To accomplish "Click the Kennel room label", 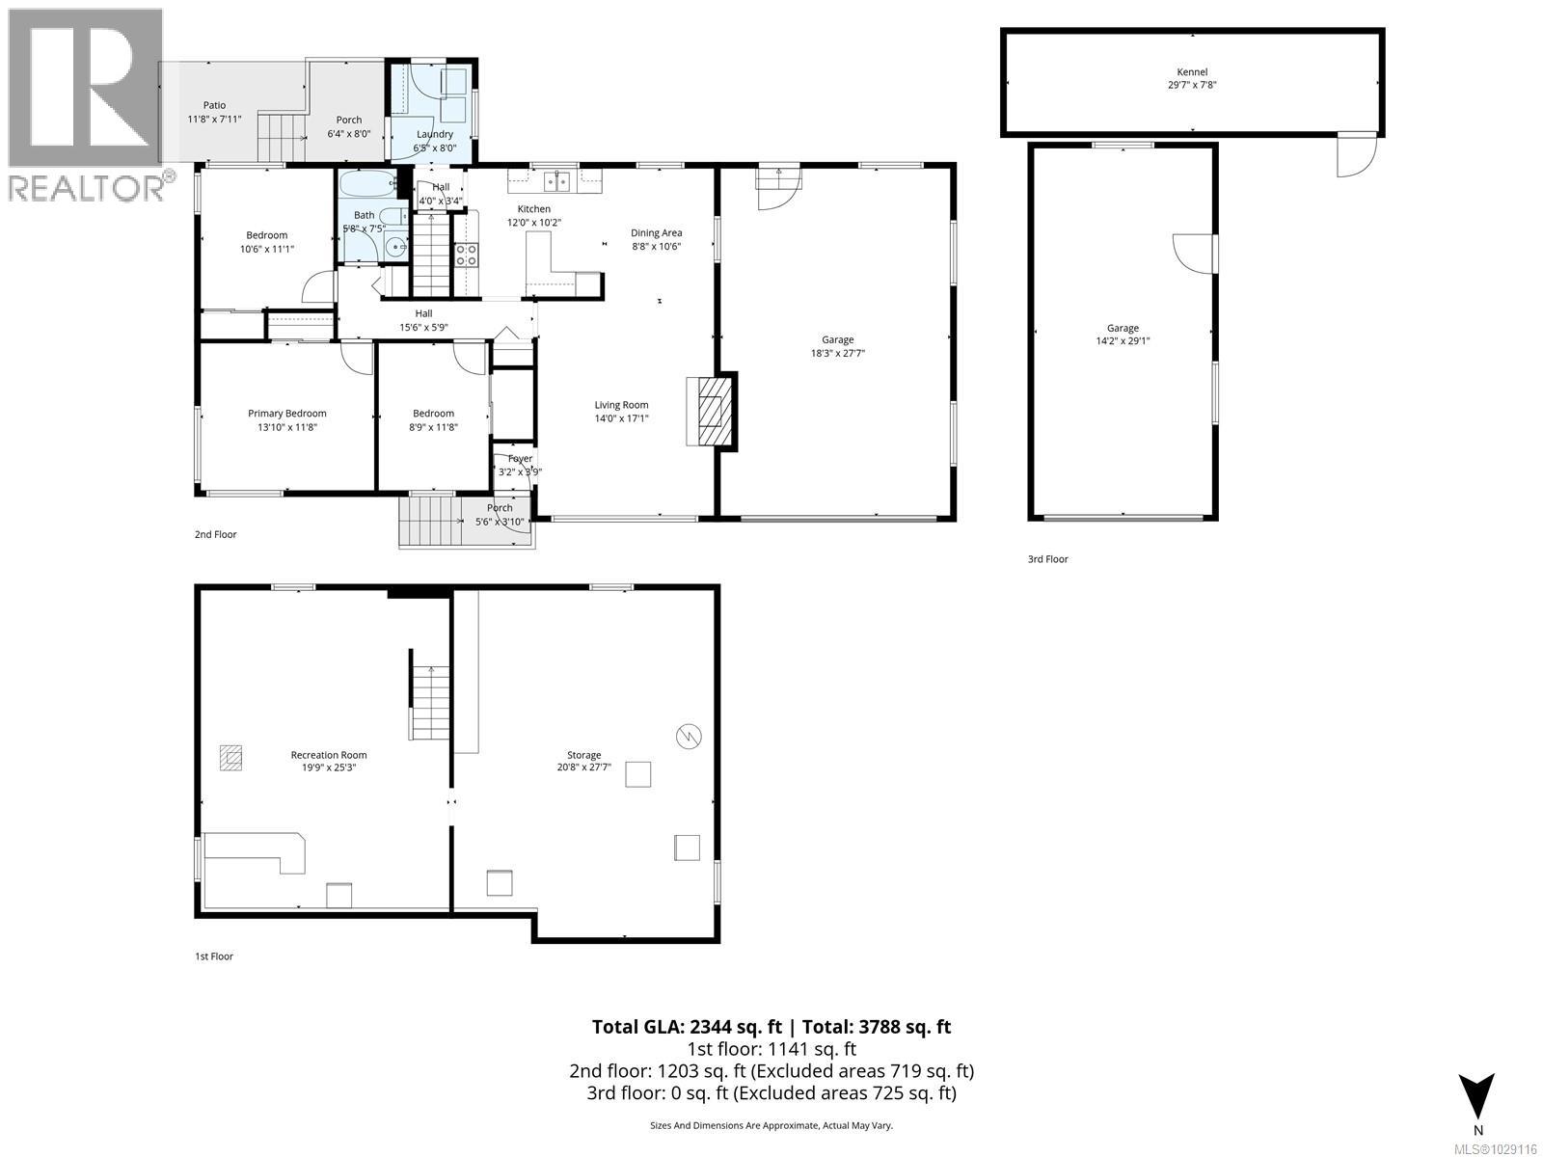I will (1192, 72).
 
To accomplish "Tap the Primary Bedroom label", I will (286, 414).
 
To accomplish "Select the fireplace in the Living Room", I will (711, 411).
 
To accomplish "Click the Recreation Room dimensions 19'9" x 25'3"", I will (329, 768).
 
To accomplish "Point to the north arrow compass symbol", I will (1476, 1096).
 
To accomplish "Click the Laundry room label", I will (434, 135).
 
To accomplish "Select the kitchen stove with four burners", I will (466, 255).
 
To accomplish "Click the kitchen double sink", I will (556, 179).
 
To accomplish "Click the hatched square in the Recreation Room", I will (230, 758).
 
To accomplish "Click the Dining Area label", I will (657, 232).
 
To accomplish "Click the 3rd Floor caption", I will (1047, 559).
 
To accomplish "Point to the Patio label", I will (214, 105).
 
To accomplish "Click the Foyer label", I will (520, 459).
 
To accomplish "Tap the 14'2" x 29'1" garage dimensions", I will (1123, 340).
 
